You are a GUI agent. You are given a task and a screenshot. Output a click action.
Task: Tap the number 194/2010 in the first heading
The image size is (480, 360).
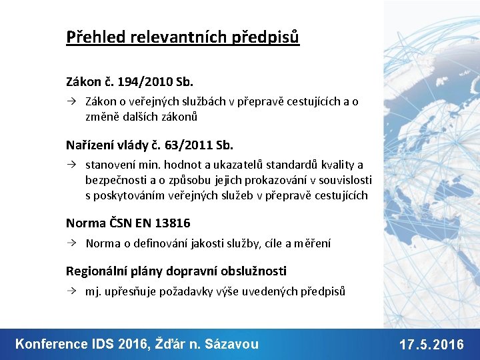click(139, 83)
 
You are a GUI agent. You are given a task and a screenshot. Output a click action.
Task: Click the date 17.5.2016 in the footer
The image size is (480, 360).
click(431, 345)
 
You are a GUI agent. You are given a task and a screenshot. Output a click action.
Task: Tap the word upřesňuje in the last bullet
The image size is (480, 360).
click(130, 291)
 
